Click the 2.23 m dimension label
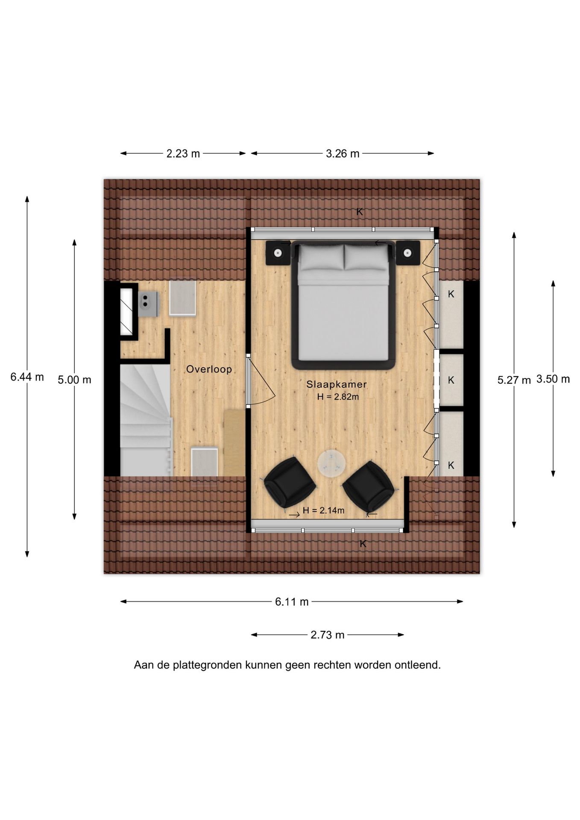(x=183, y=154)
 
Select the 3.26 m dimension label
(x=343, y=154)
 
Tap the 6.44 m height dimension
(x=27, y=377)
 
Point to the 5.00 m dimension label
(x=75, y=380)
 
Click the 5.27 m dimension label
(x=514, y=380)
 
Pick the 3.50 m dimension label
(x=553, y=379)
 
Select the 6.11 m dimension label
(x=292, y=602)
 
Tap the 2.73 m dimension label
(x=328, y=635)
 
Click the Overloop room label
(x=209, y=369)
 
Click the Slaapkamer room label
(x=337, y=384)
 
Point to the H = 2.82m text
(x=338, y=397)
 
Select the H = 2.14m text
(x=323, y=510)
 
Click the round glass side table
(x=331, y=463)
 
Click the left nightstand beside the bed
(x=278, y=253)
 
